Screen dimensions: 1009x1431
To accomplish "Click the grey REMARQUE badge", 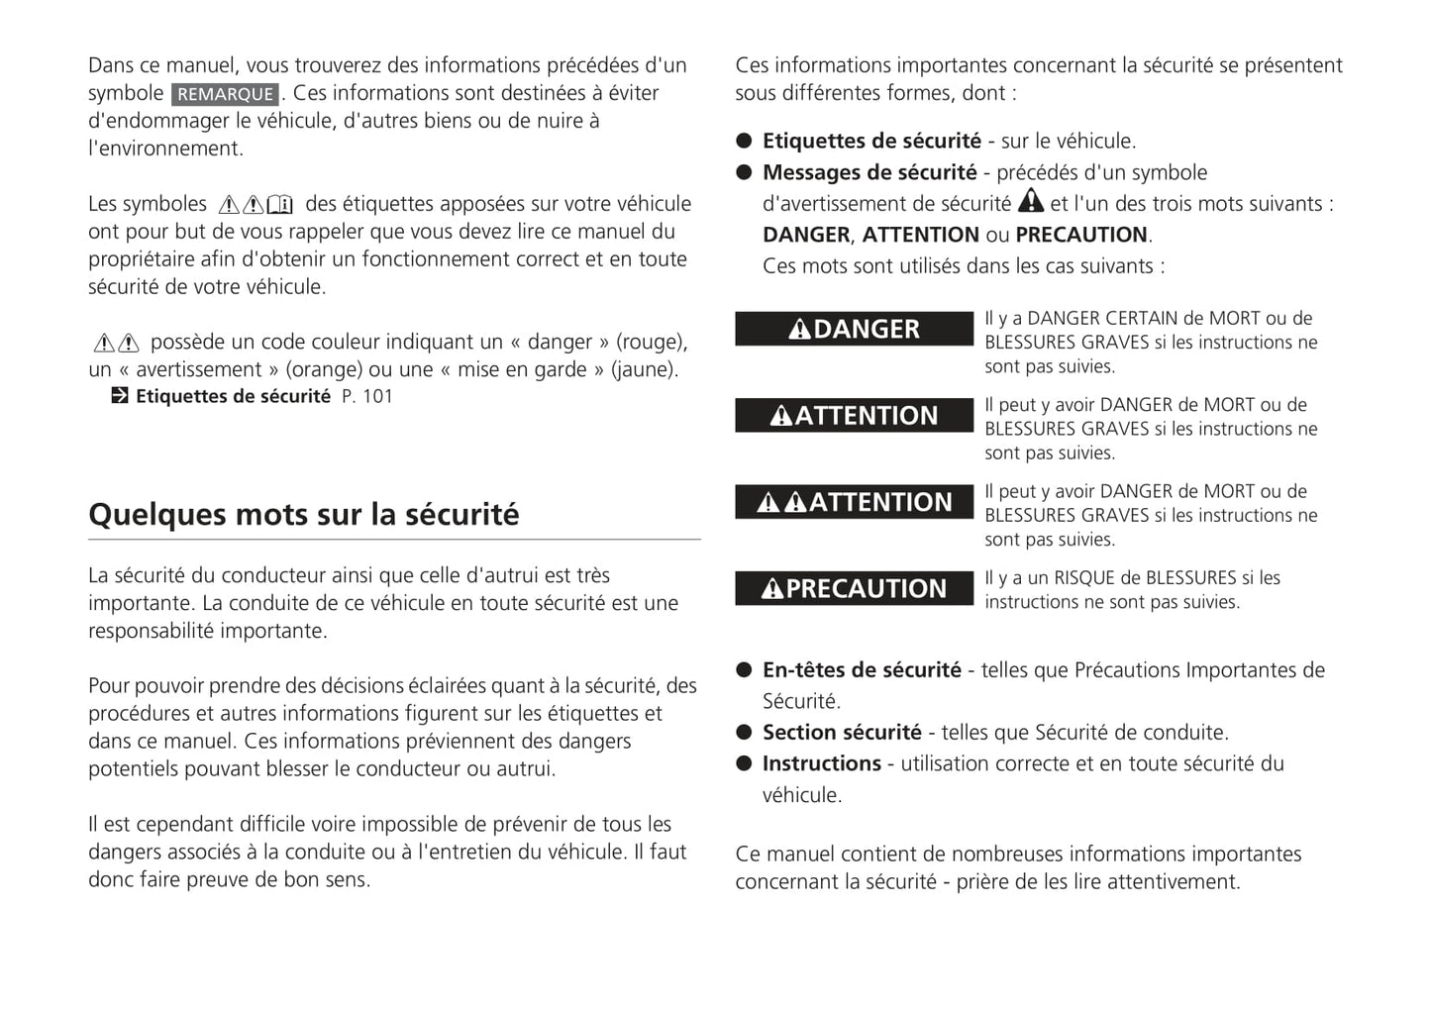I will pyautogui.click(x=225, y=94).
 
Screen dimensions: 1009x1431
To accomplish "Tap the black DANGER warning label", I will pyautogui.click(x=854, y=329).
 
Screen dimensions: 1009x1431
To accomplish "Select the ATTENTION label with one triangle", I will pyautogui.click(x=854, y=415).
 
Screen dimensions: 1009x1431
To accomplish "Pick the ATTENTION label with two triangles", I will pyautogui.click(x=854, y=502).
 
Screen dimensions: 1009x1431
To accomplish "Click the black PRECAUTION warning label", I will pyautogui.click(x=854, y=588).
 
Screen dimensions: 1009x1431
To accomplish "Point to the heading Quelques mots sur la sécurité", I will pyautogui.click(x=303, y=515).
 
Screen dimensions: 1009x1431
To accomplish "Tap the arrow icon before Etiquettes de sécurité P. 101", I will pyautogui.click(x=120, y=396).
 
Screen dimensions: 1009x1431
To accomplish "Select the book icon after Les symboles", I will pyautogui.click(x=280, y=205).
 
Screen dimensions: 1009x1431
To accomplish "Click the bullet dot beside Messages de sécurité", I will pyautogui.click(x=745, y=172).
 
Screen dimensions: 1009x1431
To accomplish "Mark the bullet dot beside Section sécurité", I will pyautogui.click(x=745, y=733).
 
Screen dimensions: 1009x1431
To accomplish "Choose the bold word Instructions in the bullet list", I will pyautogui.click(x=821, y=763).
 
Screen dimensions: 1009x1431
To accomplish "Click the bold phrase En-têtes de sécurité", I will pyautogui.click(x=862, y=670).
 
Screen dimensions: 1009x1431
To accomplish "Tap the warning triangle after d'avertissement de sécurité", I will pyautogui.click(x=1031, y=201).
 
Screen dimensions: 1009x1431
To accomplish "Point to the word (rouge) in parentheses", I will pyautogui.click(x=651, y=342).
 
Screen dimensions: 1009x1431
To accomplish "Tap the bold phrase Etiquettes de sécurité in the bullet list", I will pyautogui.click(x=871, y=141).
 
